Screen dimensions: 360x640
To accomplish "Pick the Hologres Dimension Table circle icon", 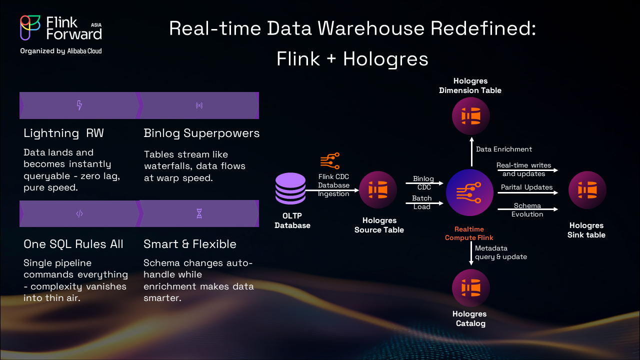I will tap(470, 116).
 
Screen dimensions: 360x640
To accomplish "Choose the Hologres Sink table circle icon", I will tap(587, 190).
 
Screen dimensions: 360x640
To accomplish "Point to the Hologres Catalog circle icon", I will tap(470, 288).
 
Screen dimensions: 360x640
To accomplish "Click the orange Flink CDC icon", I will tap(330, 161).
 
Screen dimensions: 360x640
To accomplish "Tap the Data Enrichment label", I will tap(503, 149).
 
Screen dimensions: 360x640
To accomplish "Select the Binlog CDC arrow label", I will tap(423, 183).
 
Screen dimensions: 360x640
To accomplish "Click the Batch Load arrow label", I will tap(422, 202).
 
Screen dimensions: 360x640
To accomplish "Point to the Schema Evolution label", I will tap(527, 210).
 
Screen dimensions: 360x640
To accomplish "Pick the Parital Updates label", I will tap(526, 187).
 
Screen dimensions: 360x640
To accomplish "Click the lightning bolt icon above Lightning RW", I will tap(79, 105).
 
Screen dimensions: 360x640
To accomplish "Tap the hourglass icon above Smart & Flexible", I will tap(199, 214).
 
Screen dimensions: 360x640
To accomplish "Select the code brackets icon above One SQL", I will tap(79, 214).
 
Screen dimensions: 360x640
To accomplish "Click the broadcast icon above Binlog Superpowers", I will tap(199, 105).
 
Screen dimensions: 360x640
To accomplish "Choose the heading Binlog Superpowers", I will tap(201, 133).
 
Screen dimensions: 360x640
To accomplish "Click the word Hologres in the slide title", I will tap(385, 59).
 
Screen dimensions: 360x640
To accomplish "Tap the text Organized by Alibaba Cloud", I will tap(61, 51).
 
